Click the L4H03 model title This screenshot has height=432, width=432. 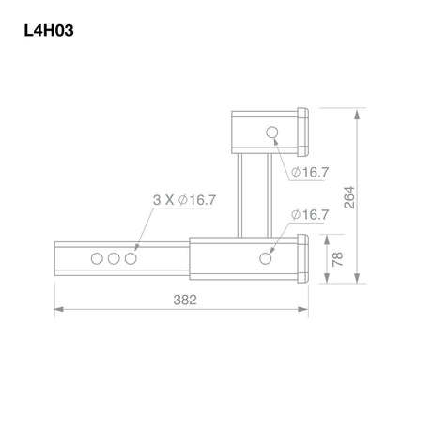(49, 31)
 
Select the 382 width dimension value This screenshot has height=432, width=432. (185, 300)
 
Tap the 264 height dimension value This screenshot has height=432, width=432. (349, 197)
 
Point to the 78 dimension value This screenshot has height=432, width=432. (337, 259)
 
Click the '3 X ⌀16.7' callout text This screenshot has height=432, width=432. (184, 200)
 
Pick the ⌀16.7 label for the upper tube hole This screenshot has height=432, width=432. (310, 172)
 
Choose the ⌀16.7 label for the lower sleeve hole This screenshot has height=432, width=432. (310, 215)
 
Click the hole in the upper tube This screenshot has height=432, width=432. (272, 132)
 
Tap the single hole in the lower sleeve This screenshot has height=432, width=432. (266, 258)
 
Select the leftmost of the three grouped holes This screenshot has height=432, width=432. (97, 259)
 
